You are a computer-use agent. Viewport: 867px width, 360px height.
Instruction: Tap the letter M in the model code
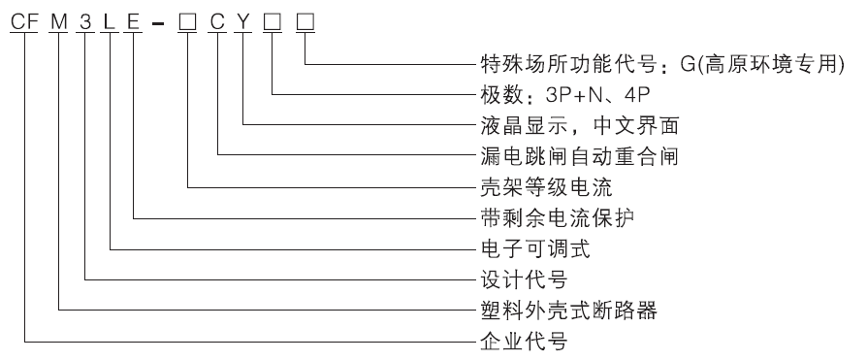(x=60, y=18)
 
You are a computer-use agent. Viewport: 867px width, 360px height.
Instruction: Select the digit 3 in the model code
(x=87, y=18)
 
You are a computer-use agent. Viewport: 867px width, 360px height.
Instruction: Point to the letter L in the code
(x=112, y=18)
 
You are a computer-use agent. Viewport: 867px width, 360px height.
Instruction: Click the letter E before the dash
(x=134, y=18)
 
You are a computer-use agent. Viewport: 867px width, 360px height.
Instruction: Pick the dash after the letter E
(x=160, y=19)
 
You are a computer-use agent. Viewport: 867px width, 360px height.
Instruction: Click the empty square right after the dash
(x=188, y=18)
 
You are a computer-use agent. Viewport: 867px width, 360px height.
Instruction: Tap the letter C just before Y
(x=218, y=18)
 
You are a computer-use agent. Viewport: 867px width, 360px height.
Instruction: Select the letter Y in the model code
(x=242, y=18)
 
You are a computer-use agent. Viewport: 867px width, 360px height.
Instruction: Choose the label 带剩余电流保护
(x=551, y=217)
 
